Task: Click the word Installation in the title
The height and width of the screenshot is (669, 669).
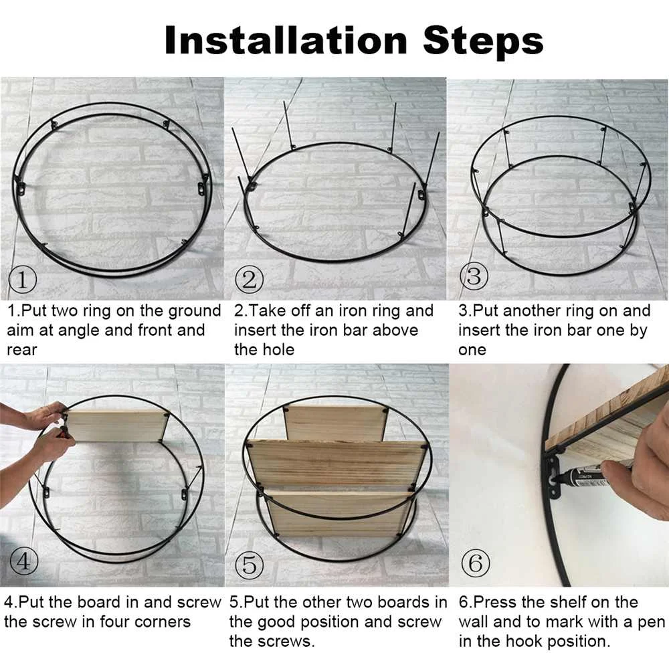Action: (x=286, y=41)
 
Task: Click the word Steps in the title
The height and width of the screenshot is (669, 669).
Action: (x=483, y=41)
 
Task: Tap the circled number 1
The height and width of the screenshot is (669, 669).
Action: (x=22, y=280)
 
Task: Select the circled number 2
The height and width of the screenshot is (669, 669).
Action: (x=250, y=280)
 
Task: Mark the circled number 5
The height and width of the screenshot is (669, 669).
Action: (x=250, y=565)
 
